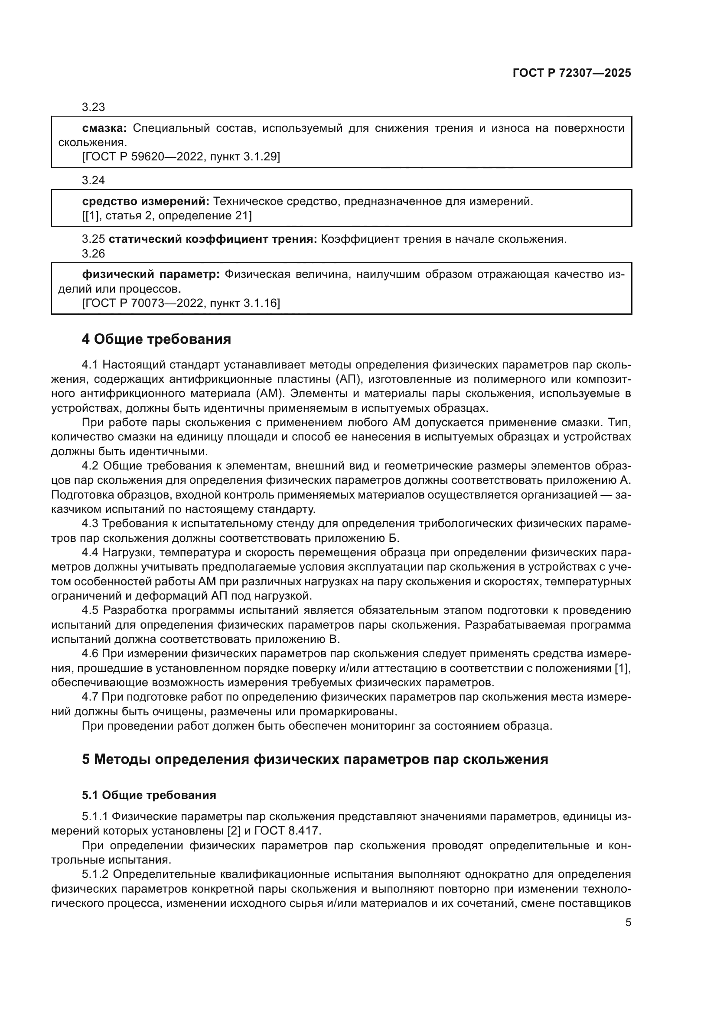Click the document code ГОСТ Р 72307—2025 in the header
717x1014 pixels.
coord(572,73)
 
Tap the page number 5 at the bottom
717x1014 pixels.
coord(628,922)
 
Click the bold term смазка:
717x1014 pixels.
coord(104,128)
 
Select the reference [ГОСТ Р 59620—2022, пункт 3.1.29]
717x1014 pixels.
coord(181,157)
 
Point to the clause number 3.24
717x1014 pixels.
coord(93,180)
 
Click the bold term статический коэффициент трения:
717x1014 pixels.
coord(213,239)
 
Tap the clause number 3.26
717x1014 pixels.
coord(93,254)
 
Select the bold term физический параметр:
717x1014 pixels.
coord(151,275)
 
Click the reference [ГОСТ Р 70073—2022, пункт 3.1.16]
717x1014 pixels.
coord(181,303)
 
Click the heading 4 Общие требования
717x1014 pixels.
coord(156,339)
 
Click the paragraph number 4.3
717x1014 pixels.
coord(91,524)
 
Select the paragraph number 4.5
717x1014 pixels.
coord(91,610)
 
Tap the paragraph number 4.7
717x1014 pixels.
coord(91,697)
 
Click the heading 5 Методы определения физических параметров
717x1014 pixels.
coord(315,759)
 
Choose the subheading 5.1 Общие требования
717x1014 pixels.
coord(149,795)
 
